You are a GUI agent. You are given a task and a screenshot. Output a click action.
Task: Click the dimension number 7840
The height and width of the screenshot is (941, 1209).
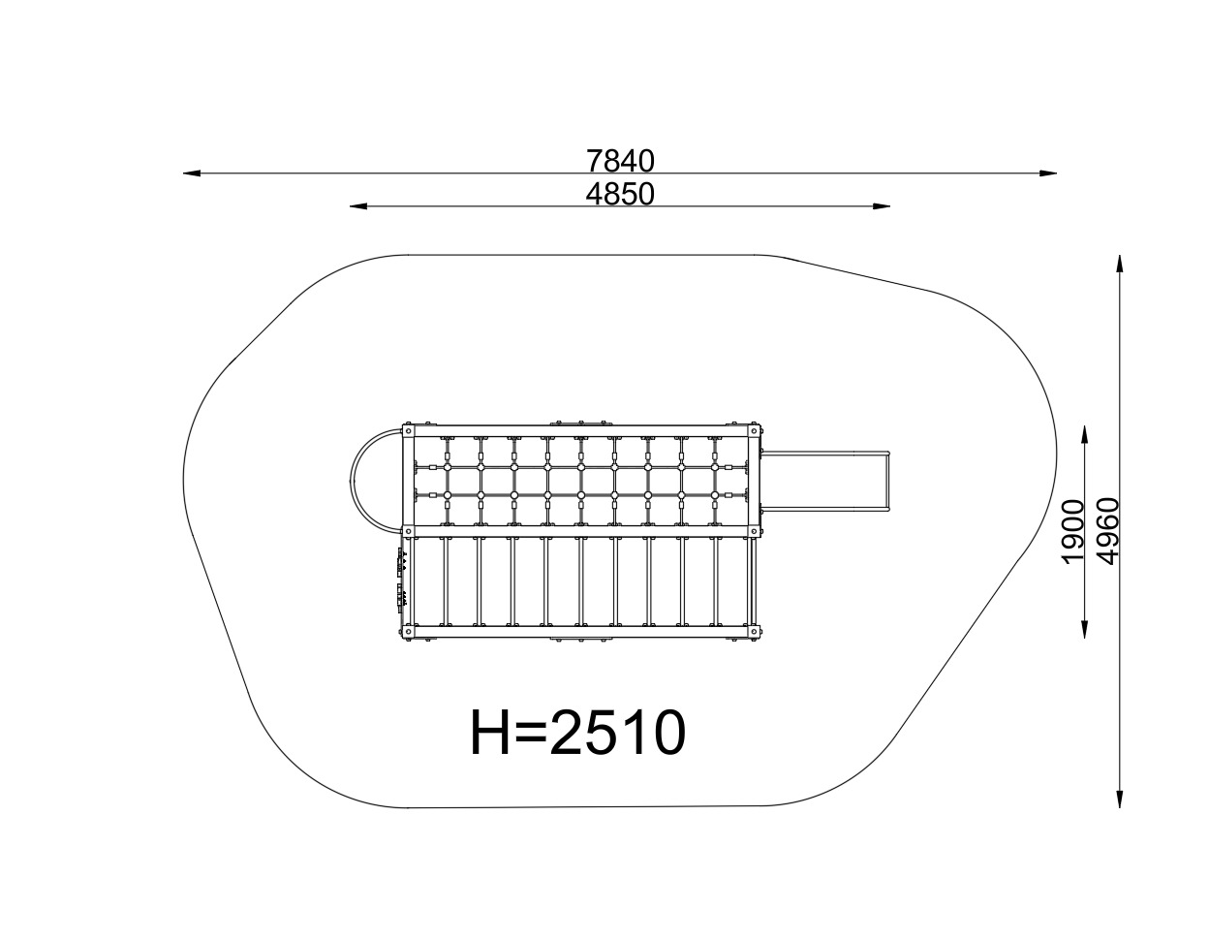click(620, 162)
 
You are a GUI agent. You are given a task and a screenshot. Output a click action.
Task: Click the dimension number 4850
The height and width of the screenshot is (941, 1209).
click(620, 194)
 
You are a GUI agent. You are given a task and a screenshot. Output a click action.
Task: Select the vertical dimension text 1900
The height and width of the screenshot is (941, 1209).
click(1073, 532)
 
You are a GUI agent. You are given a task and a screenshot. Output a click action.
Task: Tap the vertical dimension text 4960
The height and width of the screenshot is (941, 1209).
click(1107, 532)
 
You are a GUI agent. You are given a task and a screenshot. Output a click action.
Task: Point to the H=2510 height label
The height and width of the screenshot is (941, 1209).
click(577, 733)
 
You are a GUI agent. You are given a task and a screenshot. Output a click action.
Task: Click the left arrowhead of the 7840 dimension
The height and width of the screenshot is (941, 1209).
click(192, 173)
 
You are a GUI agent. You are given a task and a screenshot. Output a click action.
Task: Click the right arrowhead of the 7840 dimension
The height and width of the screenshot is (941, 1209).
click(1047, 173)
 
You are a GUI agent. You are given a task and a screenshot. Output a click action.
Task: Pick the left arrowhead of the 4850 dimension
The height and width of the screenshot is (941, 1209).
click(358, 206)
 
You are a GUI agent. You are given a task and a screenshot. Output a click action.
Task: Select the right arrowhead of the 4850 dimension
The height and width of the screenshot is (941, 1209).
click(882, 206)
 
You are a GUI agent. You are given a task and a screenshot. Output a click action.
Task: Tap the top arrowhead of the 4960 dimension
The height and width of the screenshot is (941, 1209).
click(1119, 264)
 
